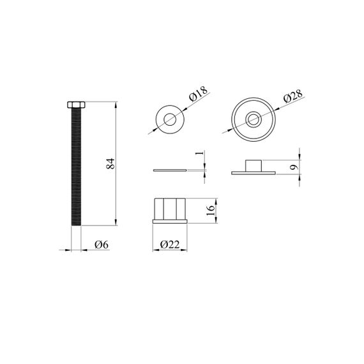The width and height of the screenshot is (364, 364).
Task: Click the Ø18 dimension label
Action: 199,94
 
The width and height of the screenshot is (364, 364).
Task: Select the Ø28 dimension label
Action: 293,96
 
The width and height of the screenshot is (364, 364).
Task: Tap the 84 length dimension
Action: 110,163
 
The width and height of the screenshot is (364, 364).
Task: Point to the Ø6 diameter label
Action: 102,245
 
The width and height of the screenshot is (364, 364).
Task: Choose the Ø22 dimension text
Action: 170,245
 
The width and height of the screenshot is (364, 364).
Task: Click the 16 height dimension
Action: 211,210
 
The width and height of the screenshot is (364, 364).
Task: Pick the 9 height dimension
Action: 294,167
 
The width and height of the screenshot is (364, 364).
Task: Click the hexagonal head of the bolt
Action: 76,105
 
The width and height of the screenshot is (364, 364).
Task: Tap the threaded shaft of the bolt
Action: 76,167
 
